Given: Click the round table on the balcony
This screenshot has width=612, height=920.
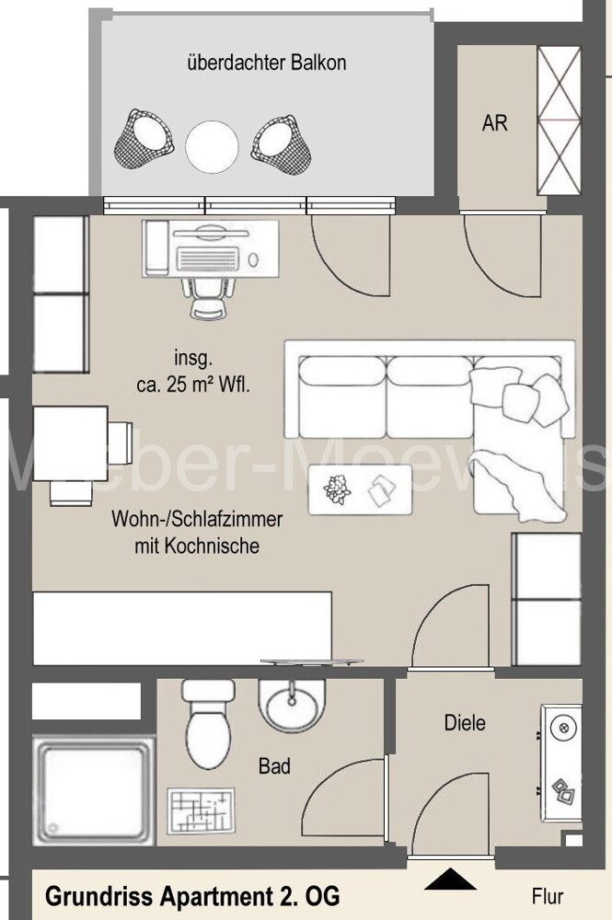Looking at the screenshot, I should [x=212, y=146].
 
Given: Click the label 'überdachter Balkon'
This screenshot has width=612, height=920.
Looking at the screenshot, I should [x=266, y=63].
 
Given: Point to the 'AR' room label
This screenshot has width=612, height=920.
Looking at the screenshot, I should [x=494, y=122].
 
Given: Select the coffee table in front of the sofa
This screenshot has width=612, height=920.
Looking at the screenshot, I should [x=359, y=490].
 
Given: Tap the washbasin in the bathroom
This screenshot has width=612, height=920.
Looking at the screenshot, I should [x=293, y=706].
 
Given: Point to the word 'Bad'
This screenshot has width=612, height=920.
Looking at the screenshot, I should [x=274, y=765].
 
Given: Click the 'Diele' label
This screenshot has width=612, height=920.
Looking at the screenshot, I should [x=464, y=722].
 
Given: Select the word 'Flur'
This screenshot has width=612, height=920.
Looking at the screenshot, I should [x=547, y=895].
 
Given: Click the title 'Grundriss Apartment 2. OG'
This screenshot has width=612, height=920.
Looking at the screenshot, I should [x=192, y=895].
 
